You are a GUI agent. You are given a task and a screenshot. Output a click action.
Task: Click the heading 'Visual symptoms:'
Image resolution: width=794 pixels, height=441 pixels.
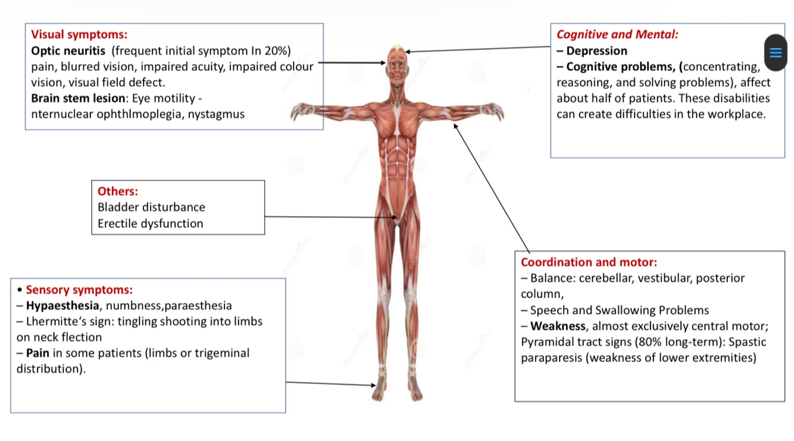click(79, 35)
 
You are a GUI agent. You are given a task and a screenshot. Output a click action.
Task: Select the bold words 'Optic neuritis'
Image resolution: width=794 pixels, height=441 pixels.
click(69, 51)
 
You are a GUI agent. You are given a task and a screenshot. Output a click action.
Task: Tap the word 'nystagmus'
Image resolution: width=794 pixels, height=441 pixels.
click(216, 114)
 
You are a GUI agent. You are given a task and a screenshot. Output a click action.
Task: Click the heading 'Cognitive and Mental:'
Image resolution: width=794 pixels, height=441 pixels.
click(617, 35)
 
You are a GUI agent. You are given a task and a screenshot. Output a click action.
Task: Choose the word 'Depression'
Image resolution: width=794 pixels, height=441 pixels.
click(596, 51)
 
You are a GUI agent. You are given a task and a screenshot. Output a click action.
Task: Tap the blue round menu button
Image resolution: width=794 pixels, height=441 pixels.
click(776, 52)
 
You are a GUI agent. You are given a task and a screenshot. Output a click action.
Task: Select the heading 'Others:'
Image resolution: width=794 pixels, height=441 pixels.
click(118, 192)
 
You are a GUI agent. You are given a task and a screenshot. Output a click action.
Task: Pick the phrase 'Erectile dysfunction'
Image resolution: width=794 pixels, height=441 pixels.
click(151, 224)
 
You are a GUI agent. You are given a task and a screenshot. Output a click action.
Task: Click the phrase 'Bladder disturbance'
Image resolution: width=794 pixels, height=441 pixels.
click(151, 208)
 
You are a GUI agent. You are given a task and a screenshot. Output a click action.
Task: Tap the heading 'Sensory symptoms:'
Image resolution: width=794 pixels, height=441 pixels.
click(79, 290)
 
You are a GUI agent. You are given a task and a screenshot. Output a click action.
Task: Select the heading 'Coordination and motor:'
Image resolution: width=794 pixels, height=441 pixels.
click(589, 262)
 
